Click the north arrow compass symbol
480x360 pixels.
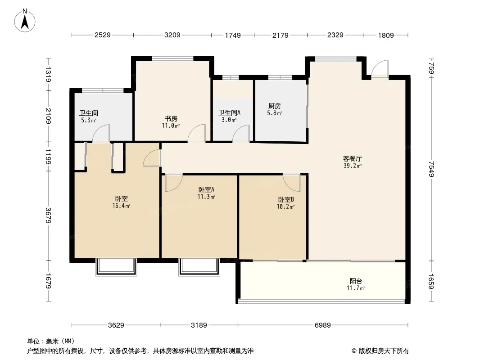(25, 21)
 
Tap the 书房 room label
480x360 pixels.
(171, 119)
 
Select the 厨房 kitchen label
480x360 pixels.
(274, 106)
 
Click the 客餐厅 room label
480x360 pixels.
(353, 159)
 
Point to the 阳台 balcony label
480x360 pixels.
(356, 281)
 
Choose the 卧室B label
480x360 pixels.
(286, 200)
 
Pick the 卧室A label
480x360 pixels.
(206, 189)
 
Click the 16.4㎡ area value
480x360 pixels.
(121, 206)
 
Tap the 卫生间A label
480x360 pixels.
(229, 112)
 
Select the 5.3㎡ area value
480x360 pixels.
(88, 120)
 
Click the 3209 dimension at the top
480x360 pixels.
(172, 35)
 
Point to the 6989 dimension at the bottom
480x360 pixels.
(323, 325)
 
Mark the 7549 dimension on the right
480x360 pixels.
(431, 169)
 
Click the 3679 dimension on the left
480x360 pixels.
(48, 216)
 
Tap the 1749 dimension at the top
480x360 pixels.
(233, 35)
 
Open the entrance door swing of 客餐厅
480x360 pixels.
(380, 68)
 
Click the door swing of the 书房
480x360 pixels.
(196, 133)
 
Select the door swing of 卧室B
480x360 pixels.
(291, 183)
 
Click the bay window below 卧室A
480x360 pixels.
(199, 267)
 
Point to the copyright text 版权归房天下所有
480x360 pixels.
(384, 351)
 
